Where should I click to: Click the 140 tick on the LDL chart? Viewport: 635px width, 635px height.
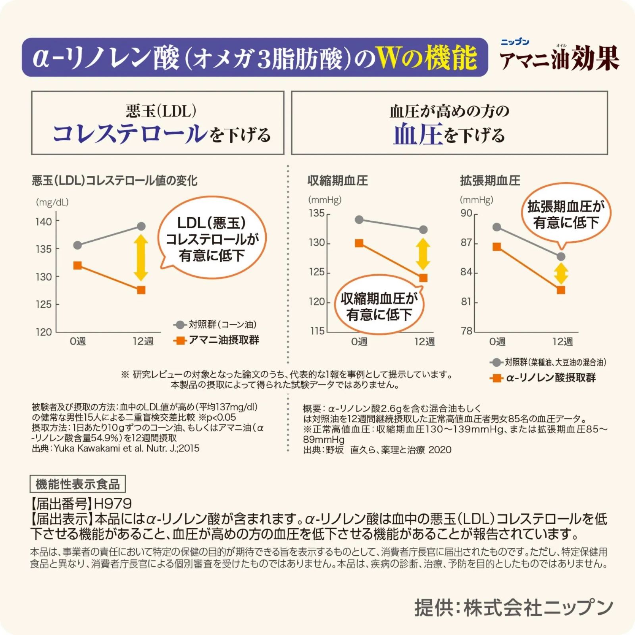tap(44, 221)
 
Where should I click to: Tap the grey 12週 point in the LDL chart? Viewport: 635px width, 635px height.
tap(141, 226)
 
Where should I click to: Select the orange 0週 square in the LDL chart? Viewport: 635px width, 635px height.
tap(78, 265)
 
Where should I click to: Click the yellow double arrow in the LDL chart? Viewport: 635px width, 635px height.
tap(141, 258)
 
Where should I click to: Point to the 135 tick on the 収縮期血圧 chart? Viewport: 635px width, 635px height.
tap(317, 213)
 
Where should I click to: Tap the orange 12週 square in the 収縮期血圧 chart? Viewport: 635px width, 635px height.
tap(423, 278)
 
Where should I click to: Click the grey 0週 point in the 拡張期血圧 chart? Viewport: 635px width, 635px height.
tap(496, 227)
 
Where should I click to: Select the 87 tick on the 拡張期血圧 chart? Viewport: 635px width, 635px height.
tap(466, 242)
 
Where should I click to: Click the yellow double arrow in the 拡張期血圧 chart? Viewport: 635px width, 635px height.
tap(561, 274)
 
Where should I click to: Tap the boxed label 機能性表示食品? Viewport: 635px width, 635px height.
tap(78, 484)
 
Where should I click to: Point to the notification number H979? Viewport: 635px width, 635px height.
tap(113, 504)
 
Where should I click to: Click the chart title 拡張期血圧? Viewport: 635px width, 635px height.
tap(490, 181)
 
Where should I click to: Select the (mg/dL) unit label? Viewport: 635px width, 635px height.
tap(52, 202)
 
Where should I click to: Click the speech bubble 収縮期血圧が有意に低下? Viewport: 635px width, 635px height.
tap(379, 306)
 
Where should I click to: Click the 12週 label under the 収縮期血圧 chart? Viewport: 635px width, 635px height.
tap(424, 341)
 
